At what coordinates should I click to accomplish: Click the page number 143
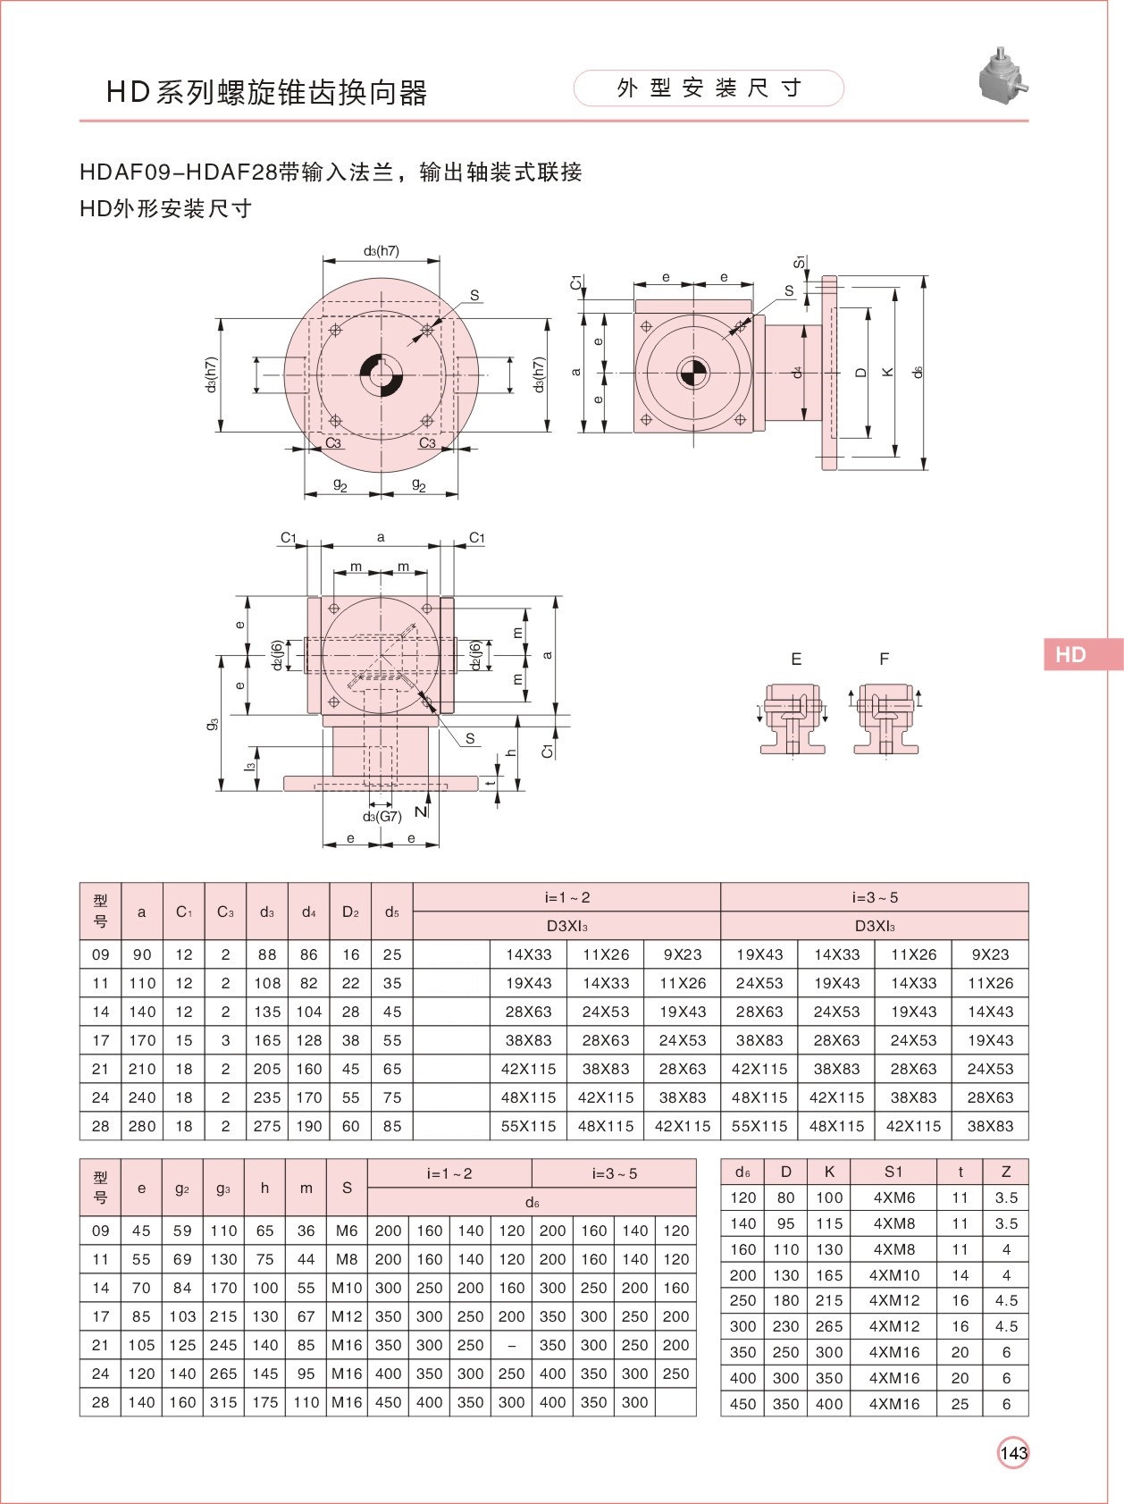(1013, 1453)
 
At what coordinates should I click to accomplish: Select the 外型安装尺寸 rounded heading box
(709, 88)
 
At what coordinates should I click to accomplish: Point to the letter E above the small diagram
(796, 660)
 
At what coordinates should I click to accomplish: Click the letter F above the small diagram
(884, 660)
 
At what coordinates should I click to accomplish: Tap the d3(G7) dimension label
(382, 816)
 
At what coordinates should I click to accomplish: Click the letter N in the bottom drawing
(421, 811)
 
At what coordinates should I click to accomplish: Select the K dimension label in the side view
(887, 372)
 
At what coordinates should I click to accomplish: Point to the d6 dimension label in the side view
(918, 372)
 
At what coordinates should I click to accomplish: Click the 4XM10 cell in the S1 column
(893, 1275)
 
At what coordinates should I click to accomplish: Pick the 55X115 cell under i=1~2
(529, 1126)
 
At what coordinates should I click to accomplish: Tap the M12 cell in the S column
(347, 1316)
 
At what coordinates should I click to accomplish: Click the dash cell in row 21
(511, 1345)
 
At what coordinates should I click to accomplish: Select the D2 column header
(350, 912)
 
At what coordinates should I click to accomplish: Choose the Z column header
(1006, 1172)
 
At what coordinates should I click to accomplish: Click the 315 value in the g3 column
(223, 1402)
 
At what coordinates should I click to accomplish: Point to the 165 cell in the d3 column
(267, 1040)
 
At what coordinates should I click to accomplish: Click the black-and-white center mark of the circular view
(382, 373)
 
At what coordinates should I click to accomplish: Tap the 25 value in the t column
(960, 1404)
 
